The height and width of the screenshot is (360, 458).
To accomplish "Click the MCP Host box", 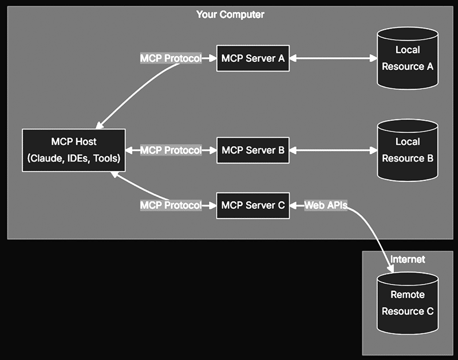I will coord(73,150).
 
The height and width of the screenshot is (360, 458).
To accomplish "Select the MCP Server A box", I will coord(252,58).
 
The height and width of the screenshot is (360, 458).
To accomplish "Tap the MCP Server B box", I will coord(252,150).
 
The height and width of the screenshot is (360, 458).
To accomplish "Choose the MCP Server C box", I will coord(252,205).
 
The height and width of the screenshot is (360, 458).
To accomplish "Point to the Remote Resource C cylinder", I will coord(407,303).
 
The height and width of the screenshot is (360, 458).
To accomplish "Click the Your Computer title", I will coord(230,14).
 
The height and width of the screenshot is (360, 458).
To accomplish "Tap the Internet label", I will coord(408,259).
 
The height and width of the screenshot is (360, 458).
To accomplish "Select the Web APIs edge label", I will coord(325,205).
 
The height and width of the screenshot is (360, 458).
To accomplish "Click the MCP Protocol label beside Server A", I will coord(171,58).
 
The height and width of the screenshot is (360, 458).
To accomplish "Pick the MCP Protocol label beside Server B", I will coord(171,150).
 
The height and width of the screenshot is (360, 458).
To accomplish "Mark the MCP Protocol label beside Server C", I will coord(171,205).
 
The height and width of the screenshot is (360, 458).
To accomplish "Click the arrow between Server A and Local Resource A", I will coord(333,58).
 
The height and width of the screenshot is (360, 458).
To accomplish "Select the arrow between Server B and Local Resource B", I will coord(333,150).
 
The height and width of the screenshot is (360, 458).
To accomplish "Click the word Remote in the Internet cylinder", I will coord(407,295).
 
